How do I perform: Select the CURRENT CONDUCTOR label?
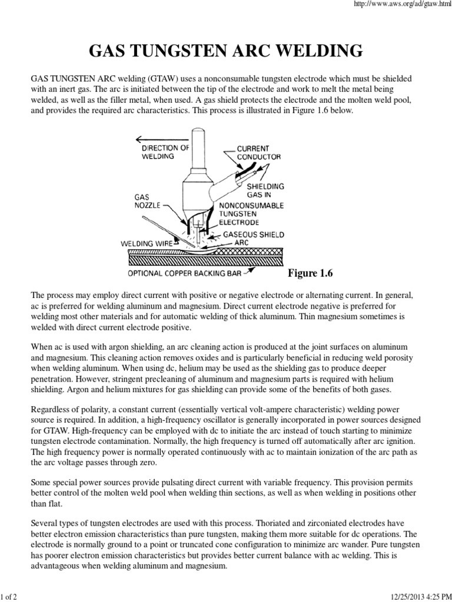[x=258, y=153]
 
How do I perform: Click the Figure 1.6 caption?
[x=311, y=273]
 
